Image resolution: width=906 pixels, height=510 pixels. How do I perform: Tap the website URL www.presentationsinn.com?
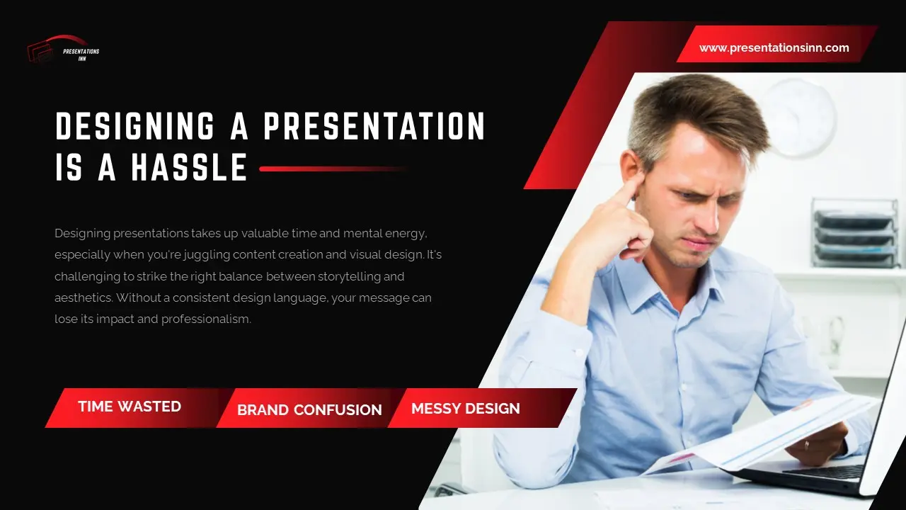(x=774, y=48)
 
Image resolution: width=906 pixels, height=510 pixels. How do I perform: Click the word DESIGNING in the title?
(x=135, y=127)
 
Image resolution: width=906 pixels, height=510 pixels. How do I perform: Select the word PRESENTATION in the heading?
(x=374, y=127)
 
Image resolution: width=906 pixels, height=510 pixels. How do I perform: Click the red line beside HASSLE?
(x=333, y=169)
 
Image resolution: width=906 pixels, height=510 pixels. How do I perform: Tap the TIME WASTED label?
(x=130, y=407)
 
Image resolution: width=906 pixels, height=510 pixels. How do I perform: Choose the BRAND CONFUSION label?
(x=309, y=409)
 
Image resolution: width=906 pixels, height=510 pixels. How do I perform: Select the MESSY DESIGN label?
(x=465, y=408)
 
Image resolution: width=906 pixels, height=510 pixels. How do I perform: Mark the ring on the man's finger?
(x=808, y=444)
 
